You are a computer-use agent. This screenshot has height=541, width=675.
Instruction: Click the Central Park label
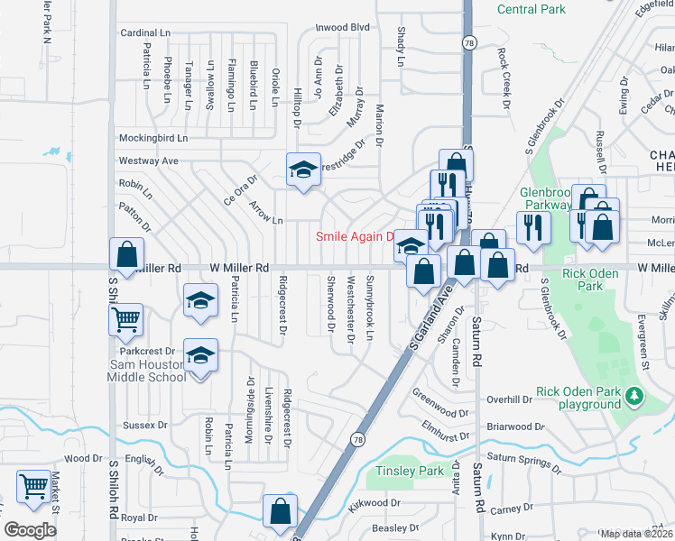[x=532, y=9]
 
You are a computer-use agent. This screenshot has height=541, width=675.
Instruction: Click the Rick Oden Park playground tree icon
[x=634, y=395]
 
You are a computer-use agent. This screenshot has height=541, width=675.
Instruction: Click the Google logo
[x=31, y=530]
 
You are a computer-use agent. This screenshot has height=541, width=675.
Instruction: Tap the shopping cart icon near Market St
[x=33, y=486]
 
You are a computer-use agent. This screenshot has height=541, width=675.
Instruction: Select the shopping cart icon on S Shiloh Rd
[x=125, y=317]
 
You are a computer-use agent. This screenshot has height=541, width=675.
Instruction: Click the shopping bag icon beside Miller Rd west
[x=125, y=254]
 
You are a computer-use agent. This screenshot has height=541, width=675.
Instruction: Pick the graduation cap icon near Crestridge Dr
[x=304, y=169]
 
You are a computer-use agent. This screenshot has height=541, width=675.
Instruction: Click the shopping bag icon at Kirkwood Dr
[x=281, y=510]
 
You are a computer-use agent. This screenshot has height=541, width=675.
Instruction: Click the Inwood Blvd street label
[x=342, y=28]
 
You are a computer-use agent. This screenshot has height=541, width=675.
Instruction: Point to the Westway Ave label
[x=149, y=160]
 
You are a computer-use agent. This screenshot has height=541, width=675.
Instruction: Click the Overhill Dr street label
[x=510, y=399]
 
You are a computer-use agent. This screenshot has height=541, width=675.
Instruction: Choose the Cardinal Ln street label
[x=145, y=32]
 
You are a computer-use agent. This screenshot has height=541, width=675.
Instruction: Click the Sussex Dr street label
[x=145, y=424]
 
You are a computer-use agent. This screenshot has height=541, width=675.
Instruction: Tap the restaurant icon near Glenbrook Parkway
[x=533, y=226]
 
